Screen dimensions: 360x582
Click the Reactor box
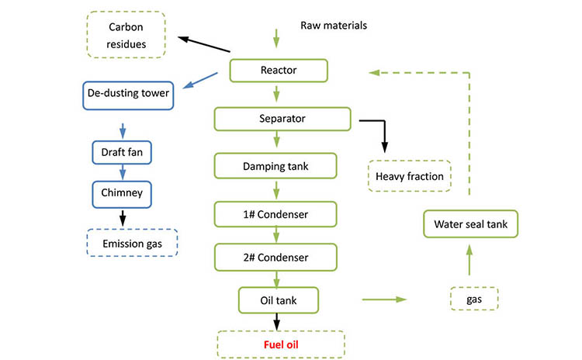click(x=278, y=71)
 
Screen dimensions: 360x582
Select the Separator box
click(x=282, y=119)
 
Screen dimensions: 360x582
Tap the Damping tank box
click(x=275, y=166)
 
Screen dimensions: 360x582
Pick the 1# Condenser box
click(x=276, y=212)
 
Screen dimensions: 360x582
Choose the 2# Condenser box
click(x=276, y=257)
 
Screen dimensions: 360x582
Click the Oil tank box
click(x=278, y=298)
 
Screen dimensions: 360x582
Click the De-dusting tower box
click(x=127, y=95)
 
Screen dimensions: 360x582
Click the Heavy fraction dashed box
click(x=409, y=176)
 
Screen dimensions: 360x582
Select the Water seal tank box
click(x=469, y=224)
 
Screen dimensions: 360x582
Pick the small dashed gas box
click(x=473, y=298)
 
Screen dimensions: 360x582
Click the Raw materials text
click(x=334, y=25)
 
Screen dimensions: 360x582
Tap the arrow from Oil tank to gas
click(x=384, y=298)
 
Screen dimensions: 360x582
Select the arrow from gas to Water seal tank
click(x=469, y=264)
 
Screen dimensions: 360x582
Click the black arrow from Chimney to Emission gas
click(x=122, y=218)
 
